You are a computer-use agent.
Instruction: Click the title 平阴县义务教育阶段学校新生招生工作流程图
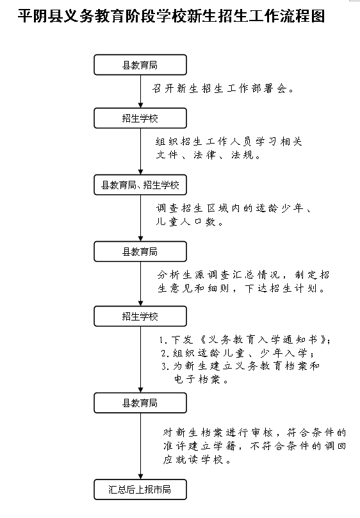tap(171, 16)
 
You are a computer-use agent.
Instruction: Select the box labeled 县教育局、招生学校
tap(140, 185)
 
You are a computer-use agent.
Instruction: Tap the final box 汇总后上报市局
tap(140, 490)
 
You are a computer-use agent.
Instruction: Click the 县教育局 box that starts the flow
tap(140, 65)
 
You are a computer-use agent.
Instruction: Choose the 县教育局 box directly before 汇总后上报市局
tap(140, 403)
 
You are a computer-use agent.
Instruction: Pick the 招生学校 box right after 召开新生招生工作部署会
tap(140, 118)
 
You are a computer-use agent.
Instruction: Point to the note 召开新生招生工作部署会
tap(223, 88)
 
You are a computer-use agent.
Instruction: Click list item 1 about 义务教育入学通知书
tap(245, 340)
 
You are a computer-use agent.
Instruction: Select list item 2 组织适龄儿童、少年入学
tap(238, 353)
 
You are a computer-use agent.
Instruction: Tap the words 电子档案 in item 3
tap(197, 380)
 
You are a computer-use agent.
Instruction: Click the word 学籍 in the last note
tap(224, 446)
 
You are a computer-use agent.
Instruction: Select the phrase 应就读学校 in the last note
tap(193, 460)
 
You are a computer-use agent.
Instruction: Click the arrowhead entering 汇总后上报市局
tap(140, 477)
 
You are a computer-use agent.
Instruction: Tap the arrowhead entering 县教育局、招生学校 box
tap(140, 172)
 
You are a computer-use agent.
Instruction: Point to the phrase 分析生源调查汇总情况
tap(218, 275)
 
